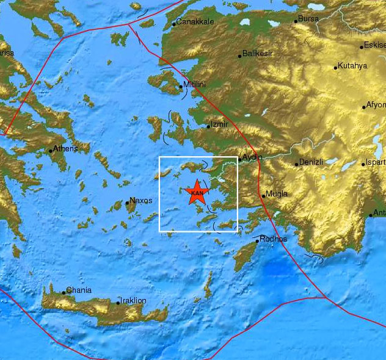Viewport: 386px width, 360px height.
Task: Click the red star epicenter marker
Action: [x=197, y=193]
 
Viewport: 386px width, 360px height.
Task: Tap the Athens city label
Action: [x=65, y=148]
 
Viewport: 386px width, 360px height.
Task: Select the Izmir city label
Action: [x=219, y=124]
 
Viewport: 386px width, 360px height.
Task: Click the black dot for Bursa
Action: [x=296, y=21]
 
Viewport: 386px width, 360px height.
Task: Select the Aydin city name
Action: [x=252, y=157]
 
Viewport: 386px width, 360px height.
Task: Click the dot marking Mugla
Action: [x=263, y=196]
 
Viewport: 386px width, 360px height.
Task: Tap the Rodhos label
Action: [x=274, y=239]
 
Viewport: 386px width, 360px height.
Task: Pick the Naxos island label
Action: [x=141, y=200]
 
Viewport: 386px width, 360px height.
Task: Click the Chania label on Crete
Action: [x=79, y=290]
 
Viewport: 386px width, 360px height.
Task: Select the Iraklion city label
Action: [x=134, y=300]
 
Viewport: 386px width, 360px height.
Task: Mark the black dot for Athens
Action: [x=51, y=150]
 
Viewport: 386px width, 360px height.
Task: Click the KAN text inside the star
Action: [x=197, y=193]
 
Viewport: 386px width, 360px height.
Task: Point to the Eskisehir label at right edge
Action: [x=374, y=45]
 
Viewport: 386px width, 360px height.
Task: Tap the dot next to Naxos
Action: [x=127, y=203]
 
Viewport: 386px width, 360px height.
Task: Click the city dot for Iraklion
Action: [x=118, y=302]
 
